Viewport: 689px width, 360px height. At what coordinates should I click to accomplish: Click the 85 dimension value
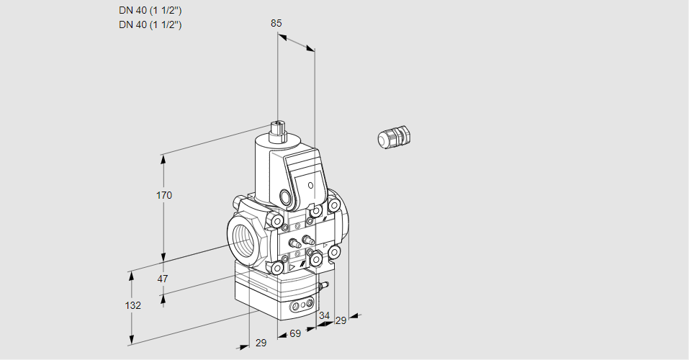coord(276,23)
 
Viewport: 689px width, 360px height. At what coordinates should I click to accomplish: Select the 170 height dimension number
coord(164,195)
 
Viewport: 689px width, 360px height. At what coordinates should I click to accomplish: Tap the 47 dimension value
coord(163,279)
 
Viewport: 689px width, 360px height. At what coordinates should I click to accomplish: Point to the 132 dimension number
coord(132,305)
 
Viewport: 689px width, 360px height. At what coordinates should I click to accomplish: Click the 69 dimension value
coord(294,334)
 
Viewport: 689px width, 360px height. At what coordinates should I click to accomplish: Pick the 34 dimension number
coord(324,315)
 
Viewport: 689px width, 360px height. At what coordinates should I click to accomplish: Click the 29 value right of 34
coord(341,320)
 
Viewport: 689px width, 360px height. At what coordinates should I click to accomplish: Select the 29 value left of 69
coord(261,343)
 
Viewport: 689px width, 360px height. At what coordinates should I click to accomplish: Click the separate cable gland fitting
coord(394,137)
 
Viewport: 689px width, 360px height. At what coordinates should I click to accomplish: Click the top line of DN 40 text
coord(150,11)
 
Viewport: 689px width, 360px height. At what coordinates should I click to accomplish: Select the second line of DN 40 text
coord(150,24)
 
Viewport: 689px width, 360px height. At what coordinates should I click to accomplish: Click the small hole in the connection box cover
coord(311,186)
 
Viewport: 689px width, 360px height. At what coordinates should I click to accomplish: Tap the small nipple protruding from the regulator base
coord(325,286)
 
